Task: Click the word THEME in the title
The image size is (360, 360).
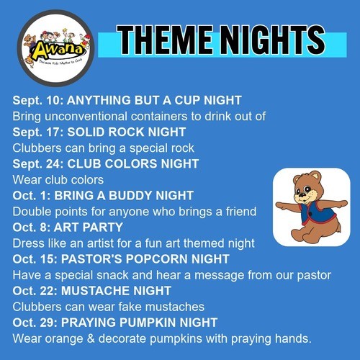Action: [165, 40]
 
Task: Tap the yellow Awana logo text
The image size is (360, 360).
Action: [58, 50]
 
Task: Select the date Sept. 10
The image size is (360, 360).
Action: [38, 101]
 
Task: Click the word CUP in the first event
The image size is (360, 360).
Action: [187, 100]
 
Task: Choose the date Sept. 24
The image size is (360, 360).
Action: [38, 164]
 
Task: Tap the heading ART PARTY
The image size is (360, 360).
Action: [89, 228]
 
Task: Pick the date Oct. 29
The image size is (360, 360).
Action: [35, 323]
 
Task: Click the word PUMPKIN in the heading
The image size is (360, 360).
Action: [148, 323]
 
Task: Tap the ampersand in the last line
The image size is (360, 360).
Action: [91, 338]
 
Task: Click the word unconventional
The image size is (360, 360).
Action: [86, 116]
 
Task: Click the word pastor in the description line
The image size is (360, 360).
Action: [314, 275]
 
